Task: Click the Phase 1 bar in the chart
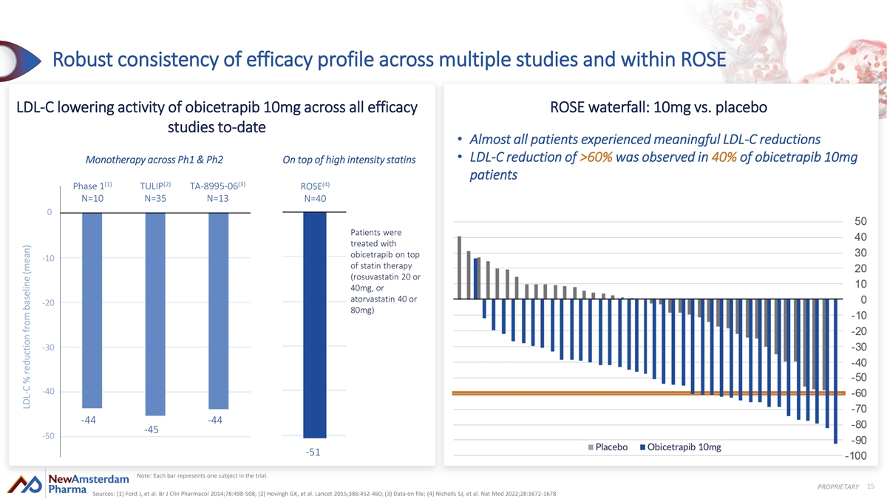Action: coord(92,310)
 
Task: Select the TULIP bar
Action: coord(155,314)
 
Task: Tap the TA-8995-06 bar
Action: coord(219,311)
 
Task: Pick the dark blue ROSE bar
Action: coord(315,325)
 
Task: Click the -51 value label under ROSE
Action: coord(313,452)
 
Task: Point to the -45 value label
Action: coord(152,430)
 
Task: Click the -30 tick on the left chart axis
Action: coord(48,347)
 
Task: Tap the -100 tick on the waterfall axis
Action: coord(856,456)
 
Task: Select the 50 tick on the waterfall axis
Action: coord(860,221)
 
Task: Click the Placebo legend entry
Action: coord(608,447)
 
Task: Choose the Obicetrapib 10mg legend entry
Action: coord(680,447)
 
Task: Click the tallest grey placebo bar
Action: coord(459,268)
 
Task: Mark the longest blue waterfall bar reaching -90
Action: coord(835,371)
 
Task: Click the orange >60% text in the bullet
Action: coord(596,157)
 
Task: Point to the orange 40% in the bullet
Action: coord(724,157)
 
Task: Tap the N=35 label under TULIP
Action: coord(155,198)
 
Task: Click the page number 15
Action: coord(871,486)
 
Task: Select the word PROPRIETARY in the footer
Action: coord(838,486)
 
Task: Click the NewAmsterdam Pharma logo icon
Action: coord(24,484)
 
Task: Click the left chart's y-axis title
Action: coord(27,327)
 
